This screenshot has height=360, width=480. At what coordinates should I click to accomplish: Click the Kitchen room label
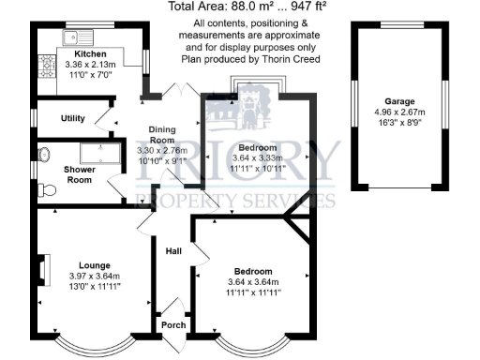(91, 53)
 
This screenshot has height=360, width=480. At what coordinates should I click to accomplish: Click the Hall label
(173, 251)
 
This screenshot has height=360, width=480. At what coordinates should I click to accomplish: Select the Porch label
(173, 325)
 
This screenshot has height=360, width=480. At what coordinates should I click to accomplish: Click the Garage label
(400, 101)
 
